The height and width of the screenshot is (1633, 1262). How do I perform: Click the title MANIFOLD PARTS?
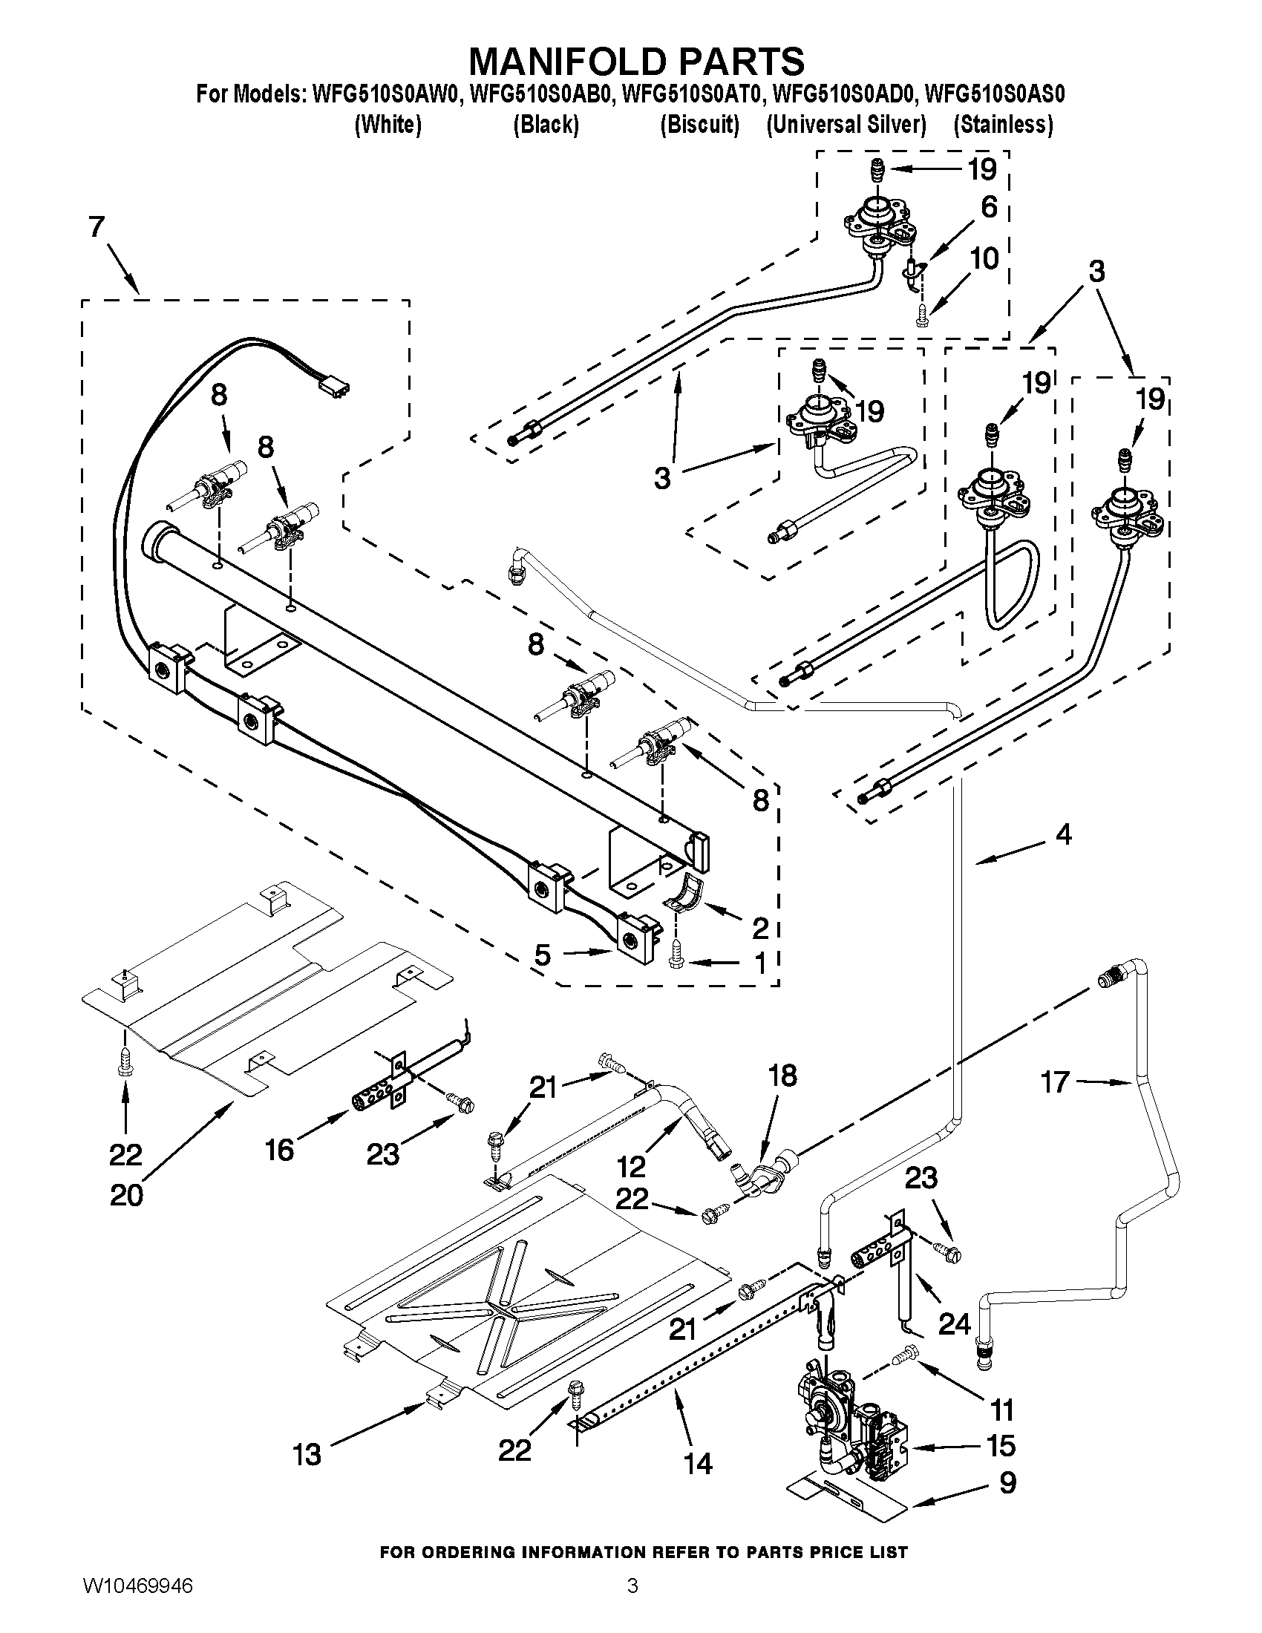(636, 61)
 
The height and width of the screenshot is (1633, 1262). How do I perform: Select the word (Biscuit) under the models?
(699, 125)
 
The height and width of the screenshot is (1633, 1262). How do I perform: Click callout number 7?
(96, 226)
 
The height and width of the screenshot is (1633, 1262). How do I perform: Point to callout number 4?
(1063, 834)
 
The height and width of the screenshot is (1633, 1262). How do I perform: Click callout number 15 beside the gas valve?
(1001, 1445)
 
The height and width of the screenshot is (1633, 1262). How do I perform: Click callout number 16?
(279, 1150)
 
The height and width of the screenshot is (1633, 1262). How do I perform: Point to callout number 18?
(782, 1076)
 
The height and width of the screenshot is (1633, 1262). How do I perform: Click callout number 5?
(543, 955)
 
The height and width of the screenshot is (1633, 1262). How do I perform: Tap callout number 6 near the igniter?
(989, 207)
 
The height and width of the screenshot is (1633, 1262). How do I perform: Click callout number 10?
(984, 259)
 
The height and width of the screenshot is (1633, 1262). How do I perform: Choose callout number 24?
(954, 1323)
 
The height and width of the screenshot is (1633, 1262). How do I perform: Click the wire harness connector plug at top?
(334, 388)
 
